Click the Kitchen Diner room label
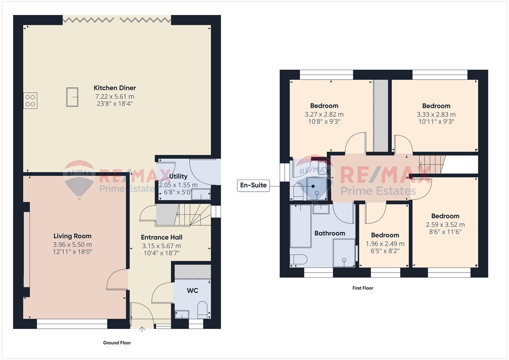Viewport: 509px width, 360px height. pos(115,88)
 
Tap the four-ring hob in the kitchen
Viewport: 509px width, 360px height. pos(30,100)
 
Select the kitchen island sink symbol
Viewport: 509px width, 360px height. pos(72,97)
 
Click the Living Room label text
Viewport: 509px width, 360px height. pos(72,236)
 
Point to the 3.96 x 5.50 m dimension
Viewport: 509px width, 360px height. pos(72,245)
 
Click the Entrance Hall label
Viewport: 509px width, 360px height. pos(162,237)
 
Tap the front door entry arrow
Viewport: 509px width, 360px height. pos(142,329)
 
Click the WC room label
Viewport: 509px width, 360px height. pos(192,290)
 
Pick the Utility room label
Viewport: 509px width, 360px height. pos(178,176)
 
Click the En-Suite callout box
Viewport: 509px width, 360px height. pos(253,185)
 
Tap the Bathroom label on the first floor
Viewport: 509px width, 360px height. pos(330,233)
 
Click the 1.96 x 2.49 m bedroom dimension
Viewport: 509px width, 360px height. pos(385,244)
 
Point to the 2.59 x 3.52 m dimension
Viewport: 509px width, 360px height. pos(445,225)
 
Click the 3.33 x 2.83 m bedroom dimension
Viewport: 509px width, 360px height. pos(436,115)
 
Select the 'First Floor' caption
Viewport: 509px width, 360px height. pos(363,288)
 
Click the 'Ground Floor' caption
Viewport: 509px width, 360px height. pos(117,343)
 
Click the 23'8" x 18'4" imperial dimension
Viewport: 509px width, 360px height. pos(115,104)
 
